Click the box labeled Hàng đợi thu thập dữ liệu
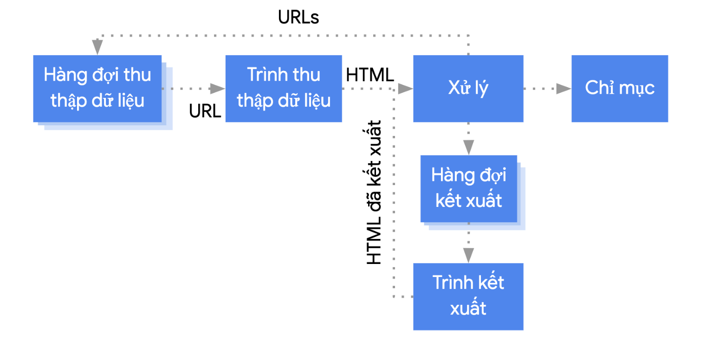97,89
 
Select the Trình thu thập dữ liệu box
284,89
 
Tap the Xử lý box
468,89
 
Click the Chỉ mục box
620,89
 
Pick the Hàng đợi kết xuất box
469,188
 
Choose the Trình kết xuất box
468,296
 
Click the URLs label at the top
298,18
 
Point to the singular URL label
205,111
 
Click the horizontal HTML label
370,74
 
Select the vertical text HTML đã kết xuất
374,192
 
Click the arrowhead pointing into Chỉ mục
563,89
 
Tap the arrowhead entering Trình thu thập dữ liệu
217,89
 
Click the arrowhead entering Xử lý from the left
405,89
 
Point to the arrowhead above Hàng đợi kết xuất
468,147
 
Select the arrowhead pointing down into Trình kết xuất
468,255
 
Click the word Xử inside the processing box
457,89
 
